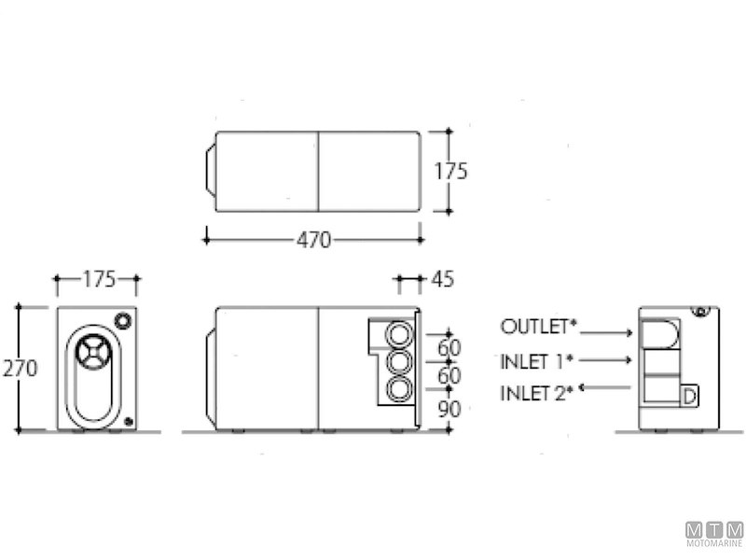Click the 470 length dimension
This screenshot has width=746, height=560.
[313, 240]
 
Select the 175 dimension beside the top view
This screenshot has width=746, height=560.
[450, 172]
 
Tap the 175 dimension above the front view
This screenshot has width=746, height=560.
[96, 278]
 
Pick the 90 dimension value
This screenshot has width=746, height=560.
[450, 409]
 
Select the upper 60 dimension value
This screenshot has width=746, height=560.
[450, 348]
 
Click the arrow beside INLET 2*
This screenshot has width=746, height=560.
[606, 386]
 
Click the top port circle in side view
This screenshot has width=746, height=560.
[399, 333]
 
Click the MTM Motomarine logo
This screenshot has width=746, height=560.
[714, 533]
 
